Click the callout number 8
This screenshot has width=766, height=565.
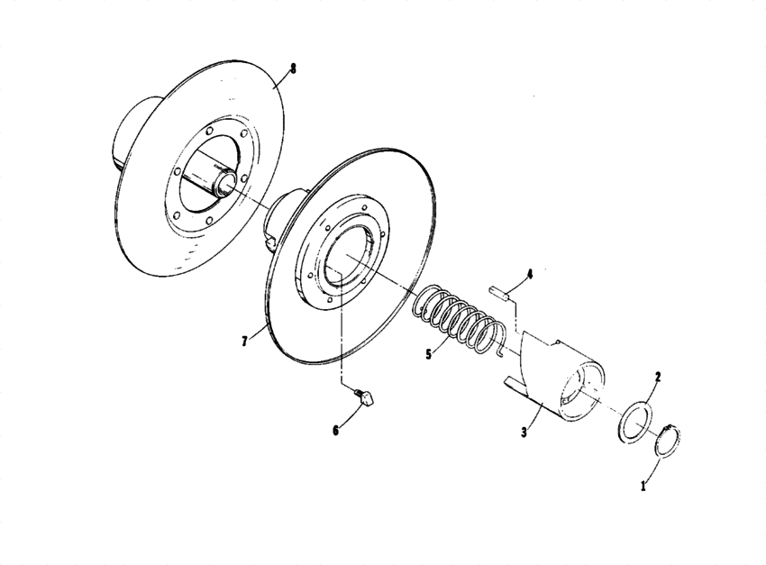[293, 68]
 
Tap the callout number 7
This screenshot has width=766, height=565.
[245, 341]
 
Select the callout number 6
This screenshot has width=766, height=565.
[335, 431]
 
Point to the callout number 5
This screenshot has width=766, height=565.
[428, 354]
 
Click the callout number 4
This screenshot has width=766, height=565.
[530, 274]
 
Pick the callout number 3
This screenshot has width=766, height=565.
[524, 433]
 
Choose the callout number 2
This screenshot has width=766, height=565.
[658, 377]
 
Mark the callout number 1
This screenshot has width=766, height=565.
[643, 486]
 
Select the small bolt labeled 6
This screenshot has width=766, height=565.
[364, 396]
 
